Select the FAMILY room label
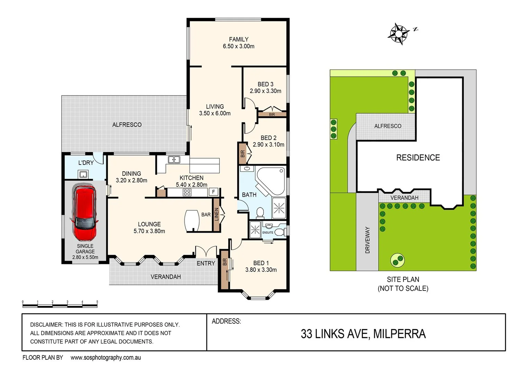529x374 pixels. click(x=239, y=39)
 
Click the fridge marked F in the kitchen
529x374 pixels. click(x=214, y=192)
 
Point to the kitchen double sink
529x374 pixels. click(x=174, y=160)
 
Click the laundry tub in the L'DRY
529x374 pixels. click(x=83, y=174)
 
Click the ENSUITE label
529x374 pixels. click(x=268, y=232)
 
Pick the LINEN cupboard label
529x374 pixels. click(x=217, y=214)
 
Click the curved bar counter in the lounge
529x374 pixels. click(x=192, y=221)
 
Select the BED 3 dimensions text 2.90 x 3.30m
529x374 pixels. click(x=266, y=91)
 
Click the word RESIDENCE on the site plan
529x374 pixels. click(x=418, y=158)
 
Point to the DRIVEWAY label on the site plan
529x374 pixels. click(x=368, y=240)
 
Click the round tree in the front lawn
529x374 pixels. click(x=398, y=259)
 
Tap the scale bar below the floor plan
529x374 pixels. click(x=60, y=305)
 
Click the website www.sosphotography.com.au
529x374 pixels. click(x=106, y=358)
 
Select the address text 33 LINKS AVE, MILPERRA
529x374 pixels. click(x=363, y=334)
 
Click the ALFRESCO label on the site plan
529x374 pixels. click(x=388, y=126)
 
